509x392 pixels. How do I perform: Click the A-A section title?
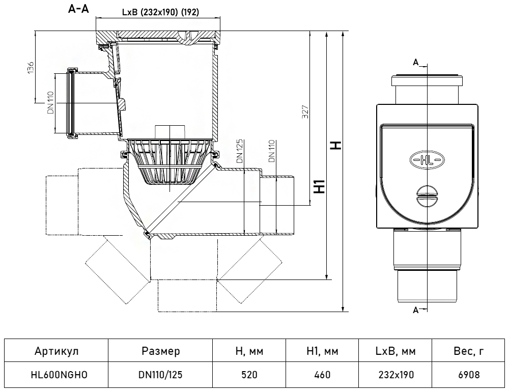pyautogui.click(x=78, y=9)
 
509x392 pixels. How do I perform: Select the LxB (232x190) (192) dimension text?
pyautogui.click(x=160, y=12)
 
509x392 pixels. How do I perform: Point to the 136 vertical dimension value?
pyautogui.click(x=30, y=67)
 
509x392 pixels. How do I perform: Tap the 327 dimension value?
pyautogui.click(x=305, y=111)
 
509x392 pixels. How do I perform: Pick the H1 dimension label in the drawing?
pyautogui.click(x=320, y=186)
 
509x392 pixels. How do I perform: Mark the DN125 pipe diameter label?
pyautogui.click(x=240, y=151)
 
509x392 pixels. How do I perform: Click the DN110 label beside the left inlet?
pyautogui.click(x=50, y=103)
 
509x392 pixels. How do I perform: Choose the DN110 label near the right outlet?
pyautogui.click(x=272, y=151)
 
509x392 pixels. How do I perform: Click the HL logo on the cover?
pyautogui.click(x=427, y=160)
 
